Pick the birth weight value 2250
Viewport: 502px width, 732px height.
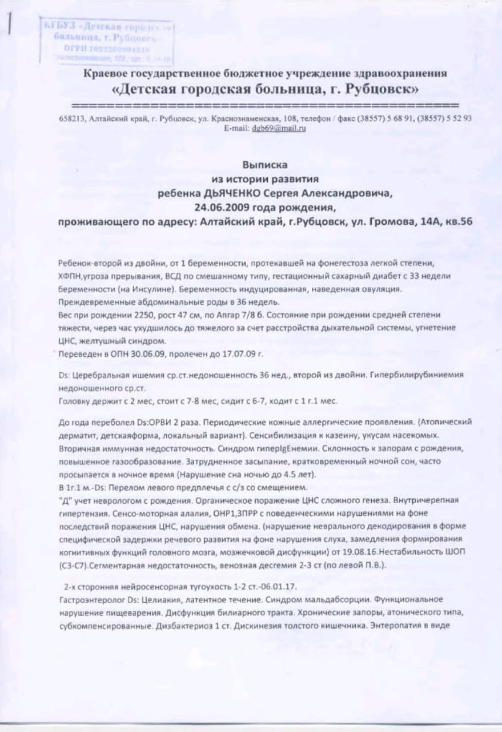point(134,315)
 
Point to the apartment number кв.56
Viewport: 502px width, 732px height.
point(458,222)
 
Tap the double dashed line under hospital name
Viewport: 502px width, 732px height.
point(266,106)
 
